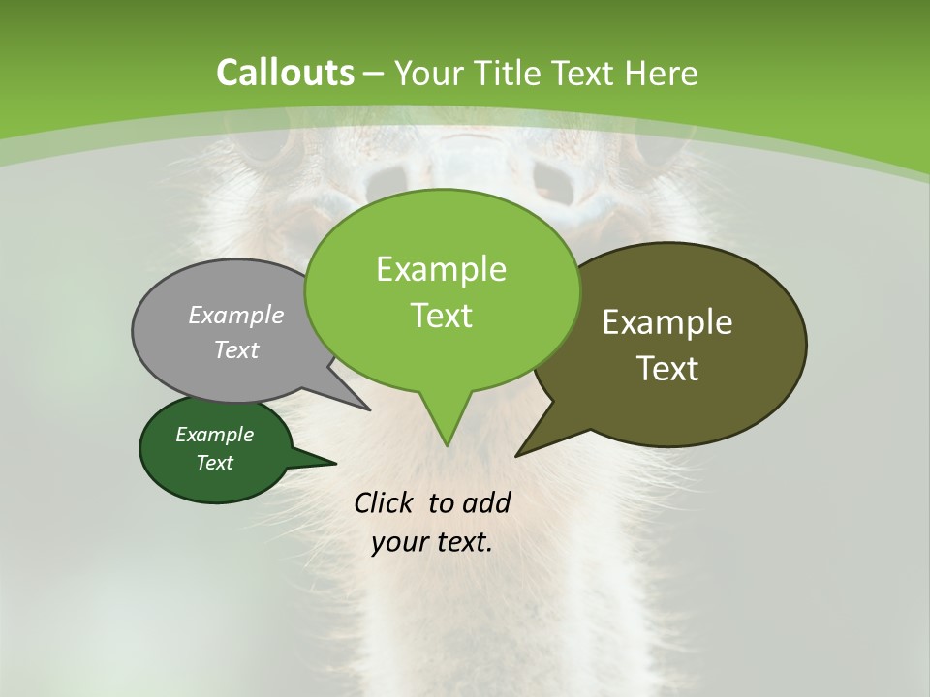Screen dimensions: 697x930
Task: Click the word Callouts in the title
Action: tap(285, 73)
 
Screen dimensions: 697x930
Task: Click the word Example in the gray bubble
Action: tap(236, 316)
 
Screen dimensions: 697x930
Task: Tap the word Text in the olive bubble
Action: tap(667, 368)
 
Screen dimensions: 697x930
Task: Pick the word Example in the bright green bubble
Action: tap(441, 269)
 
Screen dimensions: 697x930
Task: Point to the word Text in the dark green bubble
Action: tap(215, 463)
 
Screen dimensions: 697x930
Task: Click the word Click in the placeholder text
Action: tap(385, 502)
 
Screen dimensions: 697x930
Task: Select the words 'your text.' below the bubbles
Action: tap(432, 542)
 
